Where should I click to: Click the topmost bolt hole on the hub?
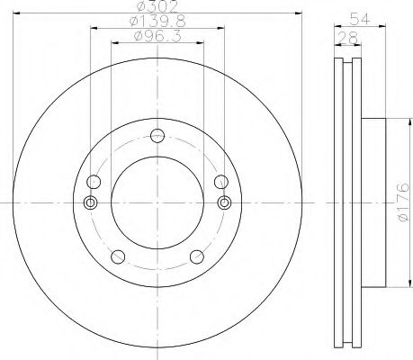tap(157, 136)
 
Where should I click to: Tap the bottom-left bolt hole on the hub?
tap(115, 258)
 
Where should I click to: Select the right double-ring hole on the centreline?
tap(225, 202)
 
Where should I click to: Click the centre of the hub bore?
tap(157, 202)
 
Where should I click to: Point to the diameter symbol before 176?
tap(403, 219)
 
